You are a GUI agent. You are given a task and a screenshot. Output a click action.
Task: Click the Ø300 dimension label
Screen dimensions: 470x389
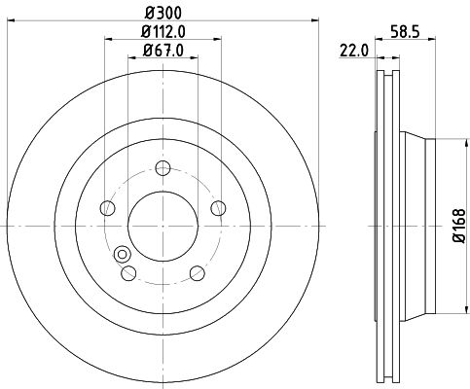pyautogui.click(x=163, y=13)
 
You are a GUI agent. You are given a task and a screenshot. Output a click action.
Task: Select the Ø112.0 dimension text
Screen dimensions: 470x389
pyautogui.click(x=163, y=32)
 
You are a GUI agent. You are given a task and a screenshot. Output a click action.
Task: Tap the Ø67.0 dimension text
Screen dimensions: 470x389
pyautogui.click(x=163, y=51)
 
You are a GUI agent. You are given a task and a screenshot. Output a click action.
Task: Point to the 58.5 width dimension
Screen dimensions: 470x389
pyautogui.click(x=405, y=32)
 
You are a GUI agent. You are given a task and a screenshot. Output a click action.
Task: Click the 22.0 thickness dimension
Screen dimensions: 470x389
pyautogui.click(x=354, y=51)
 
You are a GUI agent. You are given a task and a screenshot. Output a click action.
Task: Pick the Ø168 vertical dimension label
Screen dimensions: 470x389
pyautogui.click(x=459, y=226)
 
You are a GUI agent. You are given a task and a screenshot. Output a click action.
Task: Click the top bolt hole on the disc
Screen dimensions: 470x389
pyautogui.click(x=163, y=168)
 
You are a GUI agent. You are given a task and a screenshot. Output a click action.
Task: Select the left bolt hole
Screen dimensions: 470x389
pyautogui.click(x=108, y=208)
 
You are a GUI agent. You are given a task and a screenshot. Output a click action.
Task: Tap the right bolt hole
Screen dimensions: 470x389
pyautogui.click(x=218, y=208)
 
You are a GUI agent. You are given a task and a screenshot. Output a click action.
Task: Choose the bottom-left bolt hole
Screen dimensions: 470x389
pyautogui.click(x=128, y=273)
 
